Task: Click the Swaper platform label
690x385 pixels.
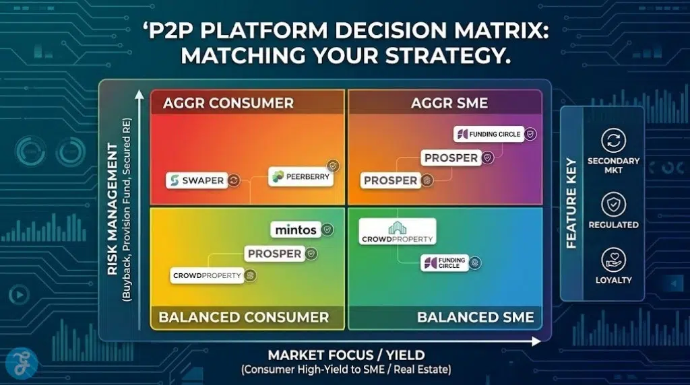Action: point(196,180)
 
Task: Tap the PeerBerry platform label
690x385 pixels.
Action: point(297,177)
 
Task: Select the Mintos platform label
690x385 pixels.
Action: point(296,230)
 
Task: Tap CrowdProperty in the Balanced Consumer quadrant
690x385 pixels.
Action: point(207,275)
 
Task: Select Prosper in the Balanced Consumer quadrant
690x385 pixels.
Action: point(274,254)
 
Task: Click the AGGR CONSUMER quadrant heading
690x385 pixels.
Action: point(228,103)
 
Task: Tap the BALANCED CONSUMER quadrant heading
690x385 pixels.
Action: point(243,317)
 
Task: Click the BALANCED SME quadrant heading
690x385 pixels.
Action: point(475,317)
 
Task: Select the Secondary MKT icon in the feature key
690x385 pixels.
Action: point(613,142)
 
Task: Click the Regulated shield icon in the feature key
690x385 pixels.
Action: point(613,205)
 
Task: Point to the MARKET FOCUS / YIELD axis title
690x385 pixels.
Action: point(346,355)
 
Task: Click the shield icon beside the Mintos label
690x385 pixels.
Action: point(327,230)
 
